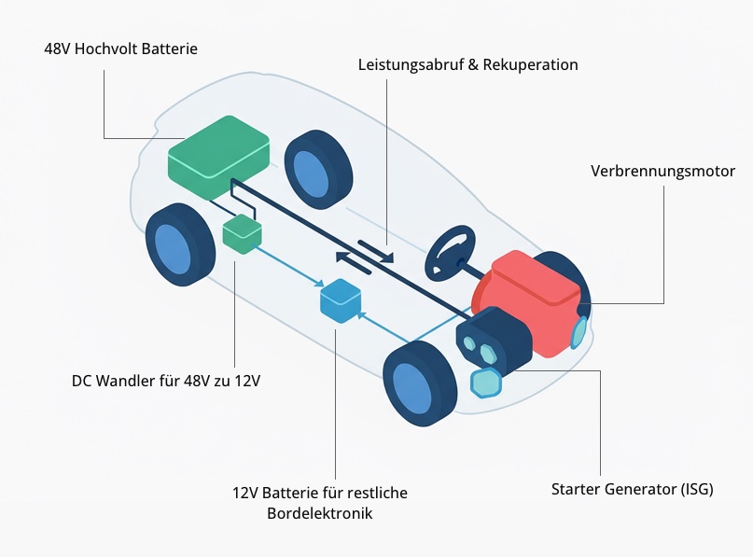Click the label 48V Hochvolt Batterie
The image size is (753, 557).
coord(120,49)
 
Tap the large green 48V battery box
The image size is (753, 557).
coord(218,156)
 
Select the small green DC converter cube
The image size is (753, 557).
coord(242,232)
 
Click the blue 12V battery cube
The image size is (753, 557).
coord(340,300)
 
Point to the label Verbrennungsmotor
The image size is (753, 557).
coord(662,172)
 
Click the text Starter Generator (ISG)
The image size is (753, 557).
coord(632,489)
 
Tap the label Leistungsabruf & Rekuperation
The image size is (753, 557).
coord(467,65)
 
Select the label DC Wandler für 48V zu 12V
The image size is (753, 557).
coord(165,381)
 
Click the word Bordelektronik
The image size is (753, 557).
coord(319,513)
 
